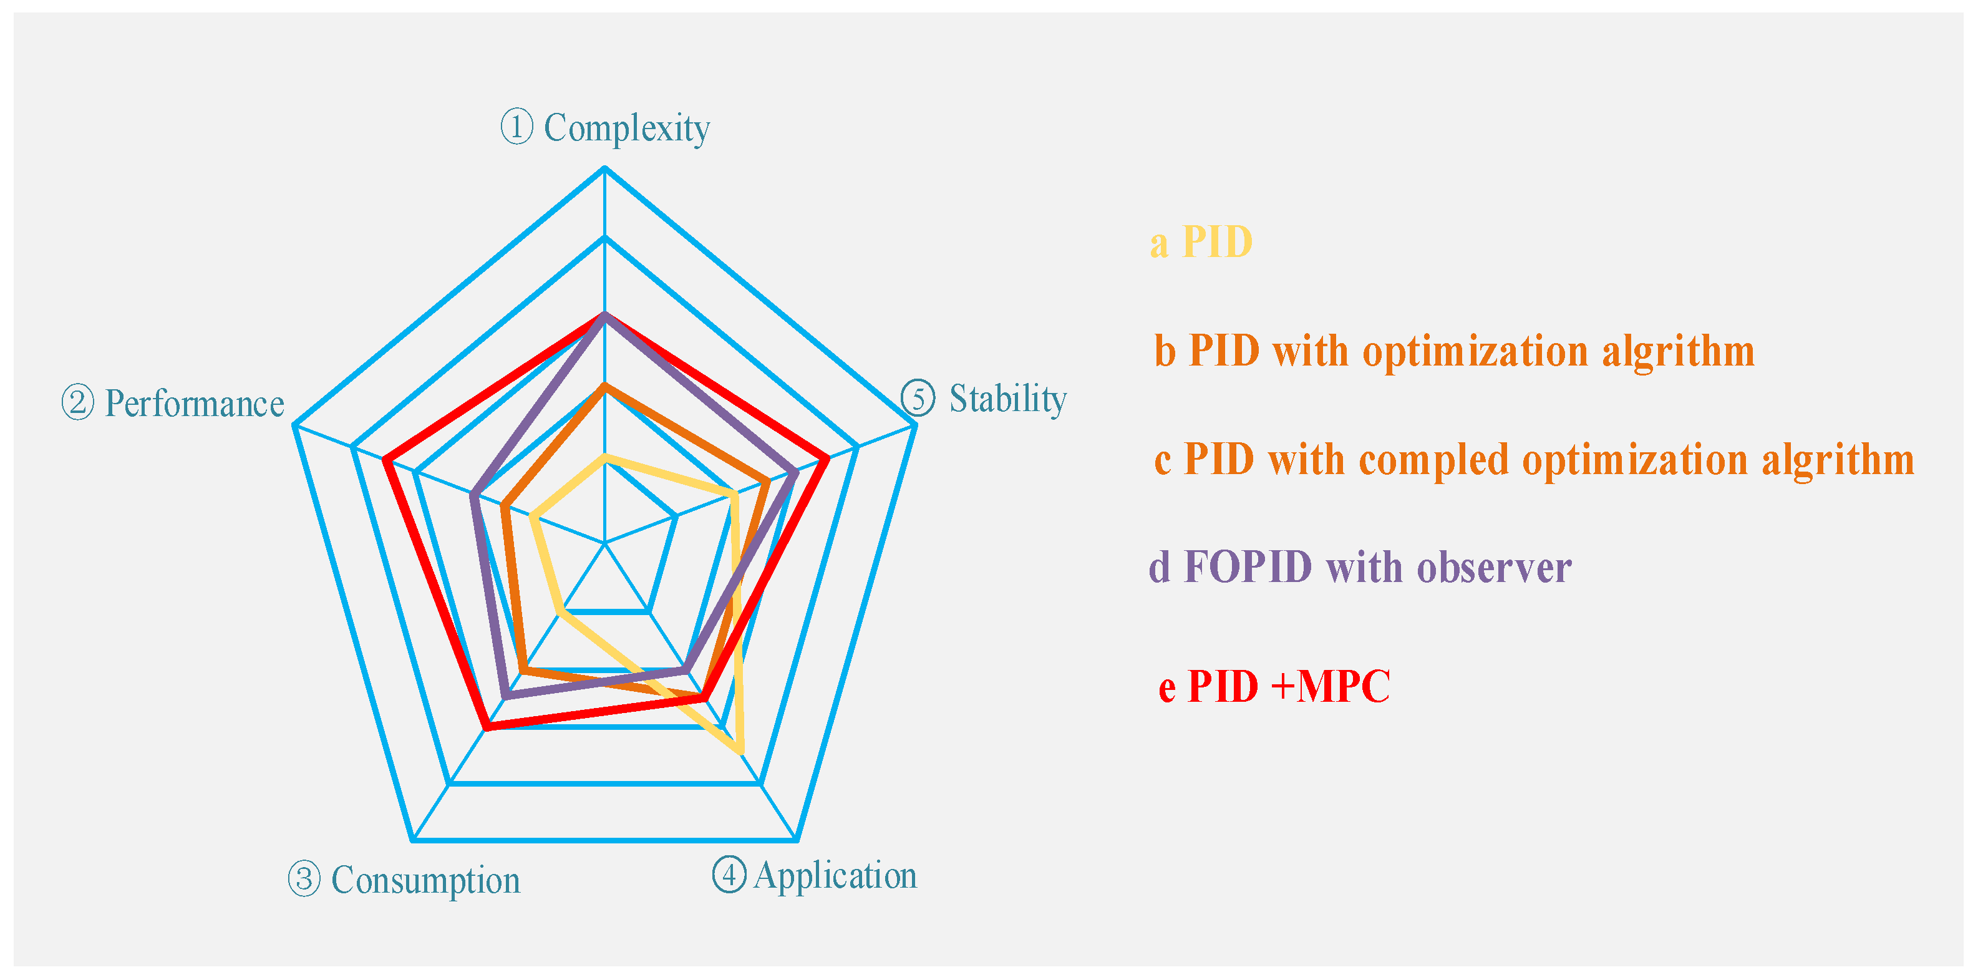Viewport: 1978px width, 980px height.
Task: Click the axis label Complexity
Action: click(626, 129)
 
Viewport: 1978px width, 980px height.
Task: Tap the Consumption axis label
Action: click(425, 880)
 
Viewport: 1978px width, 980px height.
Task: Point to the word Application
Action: click(835, 876)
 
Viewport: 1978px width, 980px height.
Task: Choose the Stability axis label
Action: click(1007, 399)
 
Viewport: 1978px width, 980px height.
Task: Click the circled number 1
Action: click(516, 126)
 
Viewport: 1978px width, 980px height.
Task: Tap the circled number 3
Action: click(304, 878)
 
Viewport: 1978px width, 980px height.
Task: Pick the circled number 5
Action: click(918, 399)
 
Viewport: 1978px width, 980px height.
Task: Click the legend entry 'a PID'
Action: click(1201, 243)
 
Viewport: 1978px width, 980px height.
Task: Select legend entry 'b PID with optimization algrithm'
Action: click(1454, 351)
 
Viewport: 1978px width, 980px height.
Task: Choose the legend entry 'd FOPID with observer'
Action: click(1360, 568)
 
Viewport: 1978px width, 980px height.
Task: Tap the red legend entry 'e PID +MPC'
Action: click(1274, 686)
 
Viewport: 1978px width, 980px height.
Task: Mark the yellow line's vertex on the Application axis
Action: click(741, 751)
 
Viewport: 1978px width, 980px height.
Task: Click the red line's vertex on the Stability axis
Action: click(827, 459)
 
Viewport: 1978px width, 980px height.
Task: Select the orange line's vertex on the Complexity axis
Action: click(604, 386)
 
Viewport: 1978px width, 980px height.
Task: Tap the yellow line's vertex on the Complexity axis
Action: click(604, 458)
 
